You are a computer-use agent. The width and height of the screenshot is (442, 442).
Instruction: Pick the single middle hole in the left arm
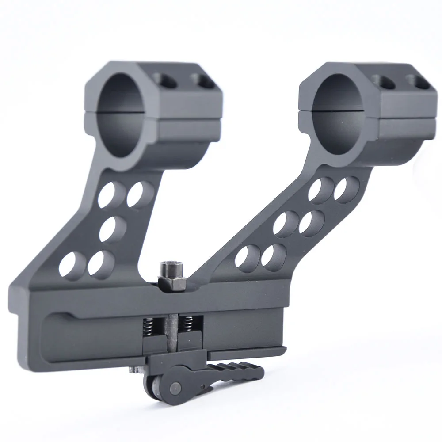pos(113,228)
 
